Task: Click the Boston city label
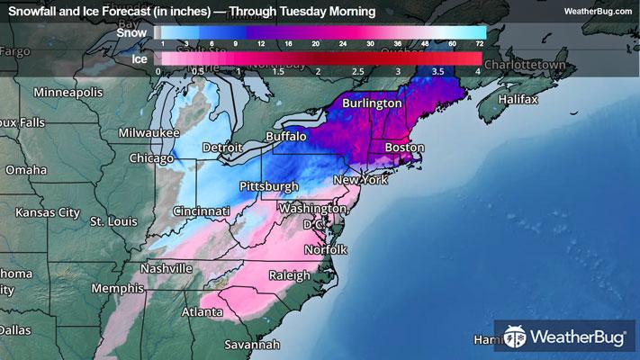click(404, 147)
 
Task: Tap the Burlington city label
click(372, 103)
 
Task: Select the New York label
click(360, 180)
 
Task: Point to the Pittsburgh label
click(268, 186)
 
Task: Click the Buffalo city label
click(286, 136)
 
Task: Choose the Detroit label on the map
click(222, 148)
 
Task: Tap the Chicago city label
click(150, 158)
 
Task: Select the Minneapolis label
click(69, 93)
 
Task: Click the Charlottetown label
click(529, 66)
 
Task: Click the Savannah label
click(253, 344)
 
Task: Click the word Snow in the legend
click(132, 32)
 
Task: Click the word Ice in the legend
click(137, 58)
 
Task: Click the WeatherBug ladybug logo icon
click(515, 337)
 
